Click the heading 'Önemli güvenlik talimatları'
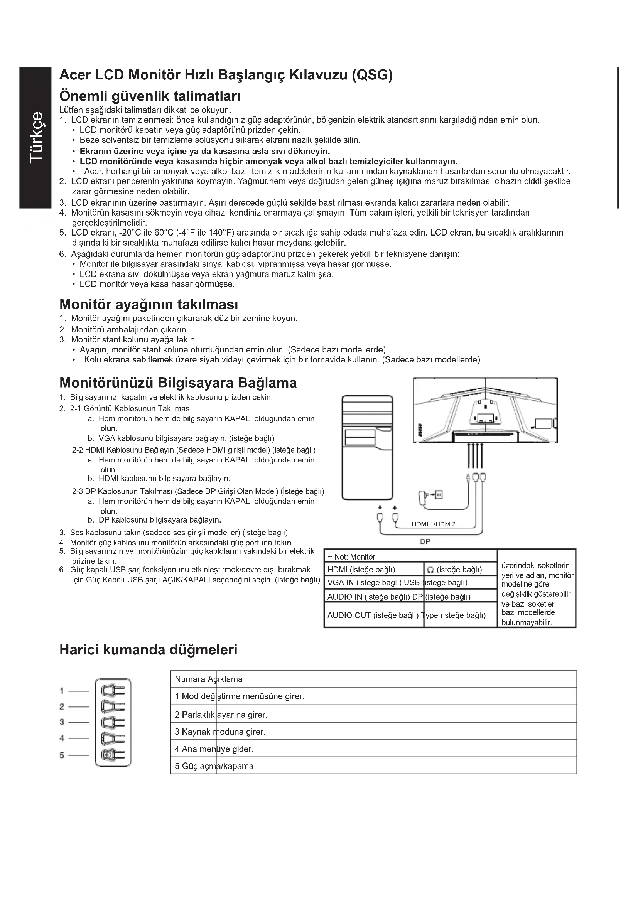(x=150, y=96)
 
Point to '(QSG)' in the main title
(x=371, y=74)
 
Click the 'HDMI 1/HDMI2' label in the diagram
(x=433, y=524)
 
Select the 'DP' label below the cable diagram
(x=425, y=541)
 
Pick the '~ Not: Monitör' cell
(x=351, y=556)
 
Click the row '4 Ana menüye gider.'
(x=214, y=749)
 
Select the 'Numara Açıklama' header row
(x=209, y=679)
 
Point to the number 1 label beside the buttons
(x=62, y=690)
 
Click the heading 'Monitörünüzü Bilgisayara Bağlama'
(x=178, y=383)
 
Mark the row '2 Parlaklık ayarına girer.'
(x=221, y=715)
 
